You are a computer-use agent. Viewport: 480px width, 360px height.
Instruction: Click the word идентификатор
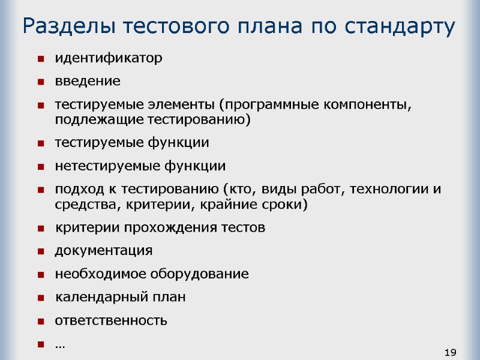pos(109,58)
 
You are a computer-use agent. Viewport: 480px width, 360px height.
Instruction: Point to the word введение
pos(88,81)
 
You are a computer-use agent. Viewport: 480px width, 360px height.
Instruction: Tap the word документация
pos(104,251)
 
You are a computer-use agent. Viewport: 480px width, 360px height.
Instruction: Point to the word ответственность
pos(111,320)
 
